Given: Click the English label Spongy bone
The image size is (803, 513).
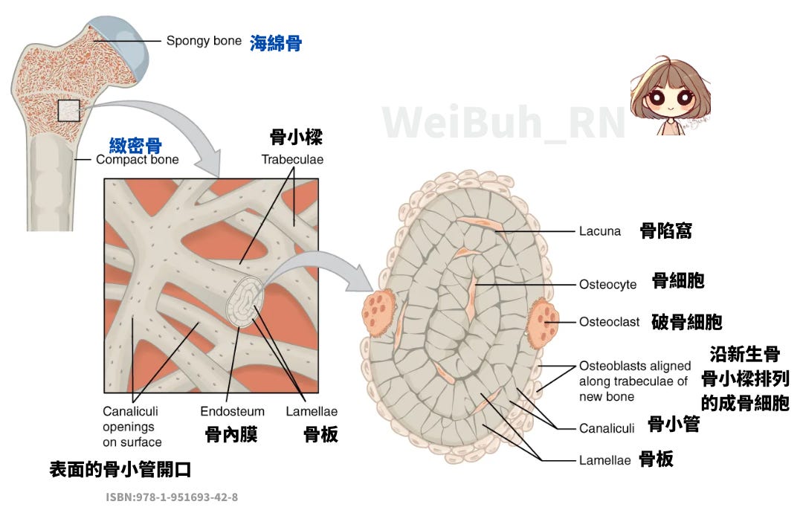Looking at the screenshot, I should [x=204, y=41].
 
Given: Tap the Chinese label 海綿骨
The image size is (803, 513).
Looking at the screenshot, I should [x=276, y=43].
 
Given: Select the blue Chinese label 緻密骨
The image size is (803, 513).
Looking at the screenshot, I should [x=135, y=145].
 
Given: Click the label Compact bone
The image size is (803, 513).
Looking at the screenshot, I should [x=138, y=159].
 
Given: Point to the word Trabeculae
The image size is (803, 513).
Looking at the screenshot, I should [x=292, y=159].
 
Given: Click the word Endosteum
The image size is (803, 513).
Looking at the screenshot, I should [x=232, y=411].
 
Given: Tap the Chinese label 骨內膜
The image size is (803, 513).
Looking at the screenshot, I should [x=231, y=434].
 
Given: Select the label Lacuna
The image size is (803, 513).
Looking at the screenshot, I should [x=599, y=231].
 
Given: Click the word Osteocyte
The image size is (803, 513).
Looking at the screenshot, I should [x=607, y=284].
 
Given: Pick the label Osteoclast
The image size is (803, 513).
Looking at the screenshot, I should [x=609, y=322].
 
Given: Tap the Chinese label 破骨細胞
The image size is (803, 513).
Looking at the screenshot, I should [x=686, y=322].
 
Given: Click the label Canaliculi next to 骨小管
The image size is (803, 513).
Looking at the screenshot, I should [x=606, y=428].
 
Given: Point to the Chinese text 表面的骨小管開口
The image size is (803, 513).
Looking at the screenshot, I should [x=124, y=469].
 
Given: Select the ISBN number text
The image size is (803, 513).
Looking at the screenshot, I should [x=172, y=497].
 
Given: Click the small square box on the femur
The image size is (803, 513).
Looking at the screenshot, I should [x=68, y=110].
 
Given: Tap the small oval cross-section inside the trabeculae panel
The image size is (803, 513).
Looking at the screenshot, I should [x=242, y=305].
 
